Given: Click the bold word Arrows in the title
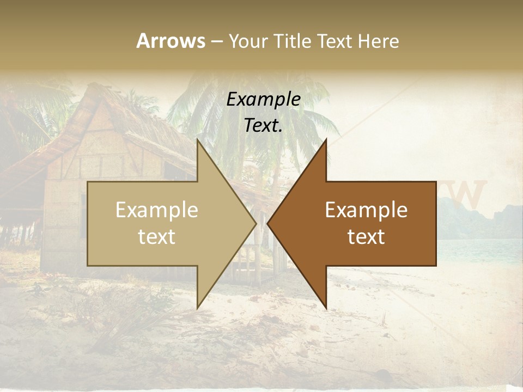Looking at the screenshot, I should pyautogui.click(x=171, y=41).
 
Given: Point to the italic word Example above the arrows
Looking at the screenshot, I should pyautogui.click(x=264, y=100).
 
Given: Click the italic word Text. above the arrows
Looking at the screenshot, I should pyautogui.click(x=264, y=126).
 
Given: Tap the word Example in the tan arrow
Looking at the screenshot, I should pyautogui.click(x=157, y=210).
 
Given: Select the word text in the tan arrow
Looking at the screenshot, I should pyautogui.click(x=157, y=237).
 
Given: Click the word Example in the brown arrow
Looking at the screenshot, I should pyautogui.click(x=366, y=210).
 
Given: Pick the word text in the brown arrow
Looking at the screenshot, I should pyautogui.click(x=366, y=237).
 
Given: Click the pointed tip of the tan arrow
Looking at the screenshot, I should pyautogui.click(x=256, y=223).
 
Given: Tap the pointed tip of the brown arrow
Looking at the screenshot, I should pyautogui.click(x=267, y=223).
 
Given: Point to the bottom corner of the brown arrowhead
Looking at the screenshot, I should pyautogui.click(x=326, y=308).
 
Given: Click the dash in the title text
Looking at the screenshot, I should pyautogui.click(x=216, y=42).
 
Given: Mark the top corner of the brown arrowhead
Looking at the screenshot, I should pyautogui.click(x=326, y=139).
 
